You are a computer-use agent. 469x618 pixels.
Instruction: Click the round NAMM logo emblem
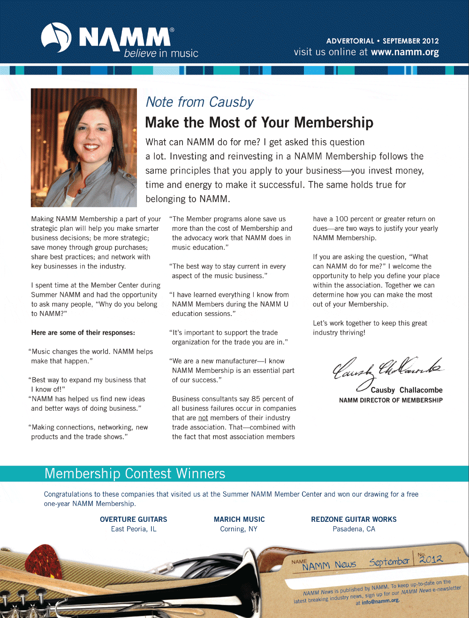56,38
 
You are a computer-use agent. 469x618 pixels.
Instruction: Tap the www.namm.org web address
405,52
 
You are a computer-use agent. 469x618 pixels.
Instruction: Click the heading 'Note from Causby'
199,102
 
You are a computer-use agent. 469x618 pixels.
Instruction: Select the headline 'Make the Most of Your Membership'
259,122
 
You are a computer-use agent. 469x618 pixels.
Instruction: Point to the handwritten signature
387,370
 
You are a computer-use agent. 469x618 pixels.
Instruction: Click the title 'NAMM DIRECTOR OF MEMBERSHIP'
391,400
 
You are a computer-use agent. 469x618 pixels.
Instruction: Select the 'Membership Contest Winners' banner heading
135,474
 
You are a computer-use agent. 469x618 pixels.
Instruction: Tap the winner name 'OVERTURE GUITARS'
133,519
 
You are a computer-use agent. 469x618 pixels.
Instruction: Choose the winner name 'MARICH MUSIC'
239,519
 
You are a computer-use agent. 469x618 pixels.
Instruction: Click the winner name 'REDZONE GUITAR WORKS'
354,519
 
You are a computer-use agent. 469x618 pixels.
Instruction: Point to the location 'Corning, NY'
239,529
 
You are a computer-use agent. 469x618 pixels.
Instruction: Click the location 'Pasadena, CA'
354,529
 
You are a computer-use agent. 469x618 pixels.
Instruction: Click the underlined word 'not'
203,418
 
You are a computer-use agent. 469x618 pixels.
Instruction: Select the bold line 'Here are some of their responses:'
83,332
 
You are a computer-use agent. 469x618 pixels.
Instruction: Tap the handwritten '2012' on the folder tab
431,558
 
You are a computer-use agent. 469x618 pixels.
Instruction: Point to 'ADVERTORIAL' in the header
350,41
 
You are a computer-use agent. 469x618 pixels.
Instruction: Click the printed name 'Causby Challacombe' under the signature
407,390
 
